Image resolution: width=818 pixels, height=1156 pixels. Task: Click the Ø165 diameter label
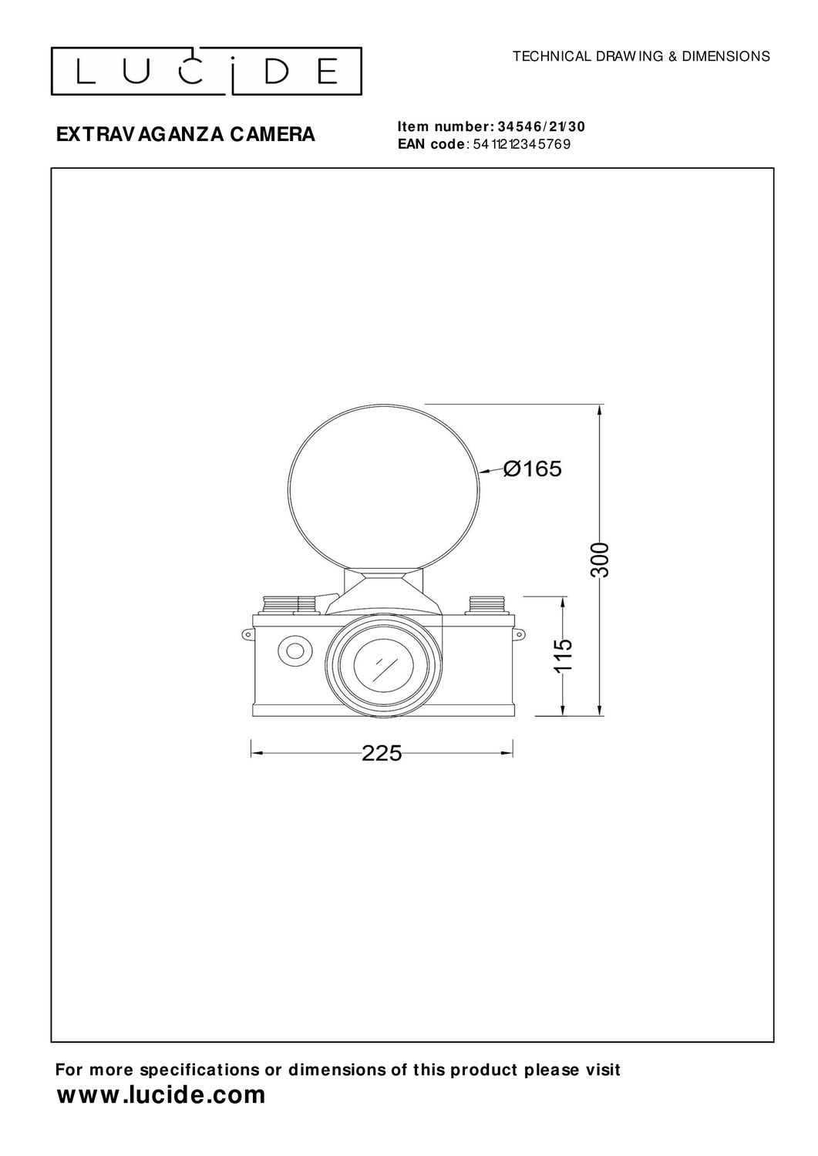[x=533, y=469]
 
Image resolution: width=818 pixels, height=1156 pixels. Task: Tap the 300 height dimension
[x=600, y=560]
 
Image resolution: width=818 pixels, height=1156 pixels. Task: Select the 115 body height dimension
[x=564, y=655]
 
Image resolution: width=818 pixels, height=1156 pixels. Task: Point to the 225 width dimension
[x=382, y=754]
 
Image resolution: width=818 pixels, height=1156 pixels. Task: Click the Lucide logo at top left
[x=206, y=71]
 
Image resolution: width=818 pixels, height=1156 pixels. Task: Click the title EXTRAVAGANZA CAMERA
[x=185, y=134]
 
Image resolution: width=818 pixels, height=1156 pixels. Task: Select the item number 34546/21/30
[x=541, y=126]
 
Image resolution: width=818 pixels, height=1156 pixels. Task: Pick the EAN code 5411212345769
[x=522, y=145]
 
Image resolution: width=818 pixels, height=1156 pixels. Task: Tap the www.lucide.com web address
[x=160, y=1094]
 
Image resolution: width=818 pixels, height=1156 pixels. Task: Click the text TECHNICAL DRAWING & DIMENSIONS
[x=641, y=56]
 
